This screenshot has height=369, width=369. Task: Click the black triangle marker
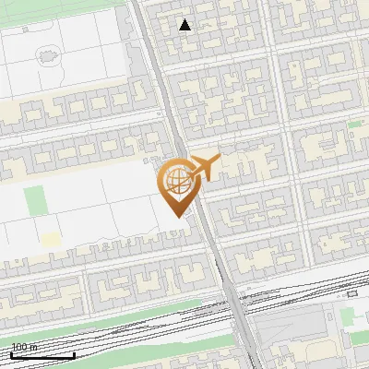pos(185,25)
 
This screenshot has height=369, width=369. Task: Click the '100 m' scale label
pos(24,347)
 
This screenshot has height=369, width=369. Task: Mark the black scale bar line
pos(42,355)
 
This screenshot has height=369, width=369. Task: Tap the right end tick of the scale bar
pos(74,353)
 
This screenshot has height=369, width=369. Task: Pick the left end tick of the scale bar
pos(11,353)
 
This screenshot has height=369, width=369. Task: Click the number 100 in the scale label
pos(19,347)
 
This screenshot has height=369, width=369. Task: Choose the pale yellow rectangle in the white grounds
pos(50,240)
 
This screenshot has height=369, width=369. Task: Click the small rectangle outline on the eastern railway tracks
pos(351,294)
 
